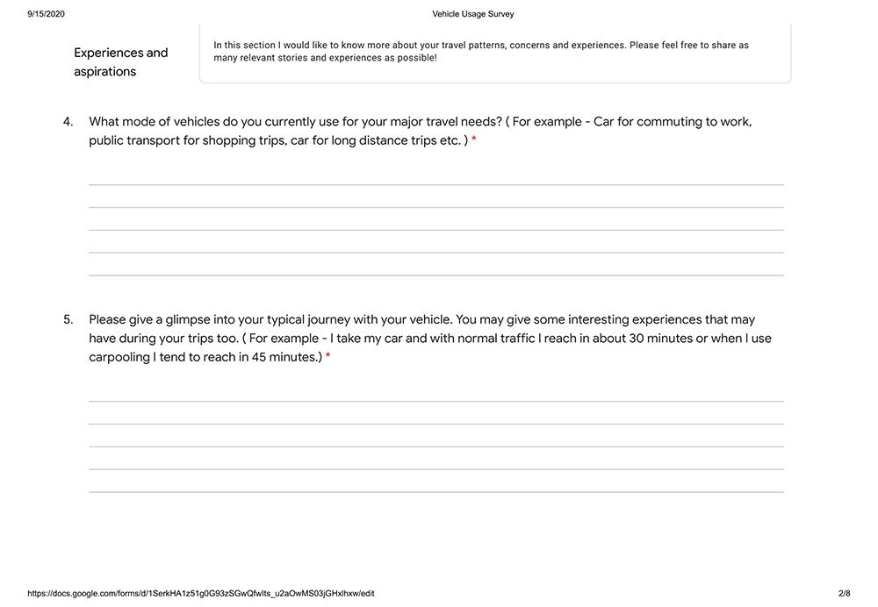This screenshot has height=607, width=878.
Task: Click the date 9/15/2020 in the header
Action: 46,14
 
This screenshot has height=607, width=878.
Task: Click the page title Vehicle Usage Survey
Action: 473,14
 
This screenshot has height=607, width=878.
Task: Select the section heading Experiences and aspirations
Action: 120,62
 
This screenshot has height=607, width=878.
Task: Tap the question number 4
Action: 68,122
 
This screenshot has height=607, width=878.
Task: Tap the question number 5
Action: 68,320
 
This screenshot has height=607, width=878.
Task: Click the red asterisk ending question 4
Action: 474,141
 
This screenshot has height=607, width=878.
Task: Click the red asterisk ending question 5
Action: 328,358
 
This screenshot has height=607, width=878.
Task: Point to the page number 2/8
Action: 844,594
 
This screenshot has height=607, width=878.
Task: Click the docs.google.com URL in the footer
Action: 201,594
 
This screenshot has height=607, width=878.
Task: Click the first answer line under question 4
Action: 435,184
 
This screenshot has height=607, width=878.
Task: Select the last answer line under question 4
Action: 435,275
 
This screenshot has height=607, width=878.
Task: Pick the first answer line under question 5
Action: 435,401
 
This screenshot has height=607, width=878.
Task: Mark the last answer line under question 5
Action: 435,492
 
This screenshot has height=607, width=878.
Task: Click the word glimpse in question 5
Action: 184,320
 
